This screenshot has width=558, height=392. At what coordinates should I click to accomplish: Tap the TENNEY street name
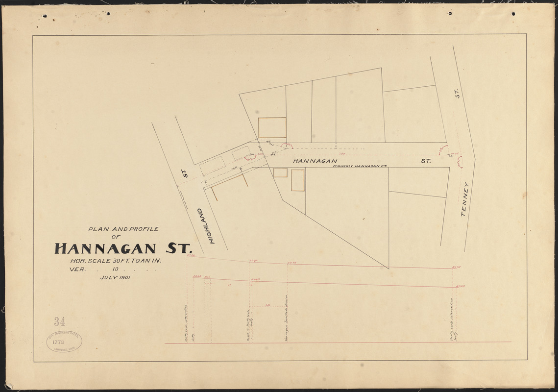click(x=466, y=200)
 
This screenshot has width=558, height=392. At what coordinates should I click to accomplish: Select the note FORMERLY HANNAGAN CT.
click(x=360, y=166)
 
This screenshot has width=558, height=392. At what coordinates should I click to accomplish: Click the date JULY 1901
click(x=118, y=277)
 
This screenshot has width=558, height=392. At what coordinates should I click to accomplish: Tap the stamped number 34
click(x=60, y=321)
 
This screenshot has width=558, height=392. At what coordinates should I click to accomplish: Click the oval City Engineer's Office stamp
click(x=64, y=341)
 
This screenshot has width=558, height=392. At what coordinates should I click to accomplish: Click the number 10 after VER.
click(x=116, y=269)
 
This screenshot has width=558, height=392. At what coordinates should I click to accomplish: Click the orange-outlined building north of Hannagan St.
click(x=272, y=128)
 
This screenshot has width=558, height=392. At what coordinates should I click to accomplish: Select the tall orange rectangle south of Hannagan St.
click(x=297, y=180)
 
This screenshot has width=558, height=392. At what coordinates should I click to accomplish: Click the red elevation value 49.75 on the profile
click(x=457, y=267)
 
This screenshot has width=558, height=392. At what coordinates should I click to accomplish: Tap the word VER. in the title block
click(x=79, y=269)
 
